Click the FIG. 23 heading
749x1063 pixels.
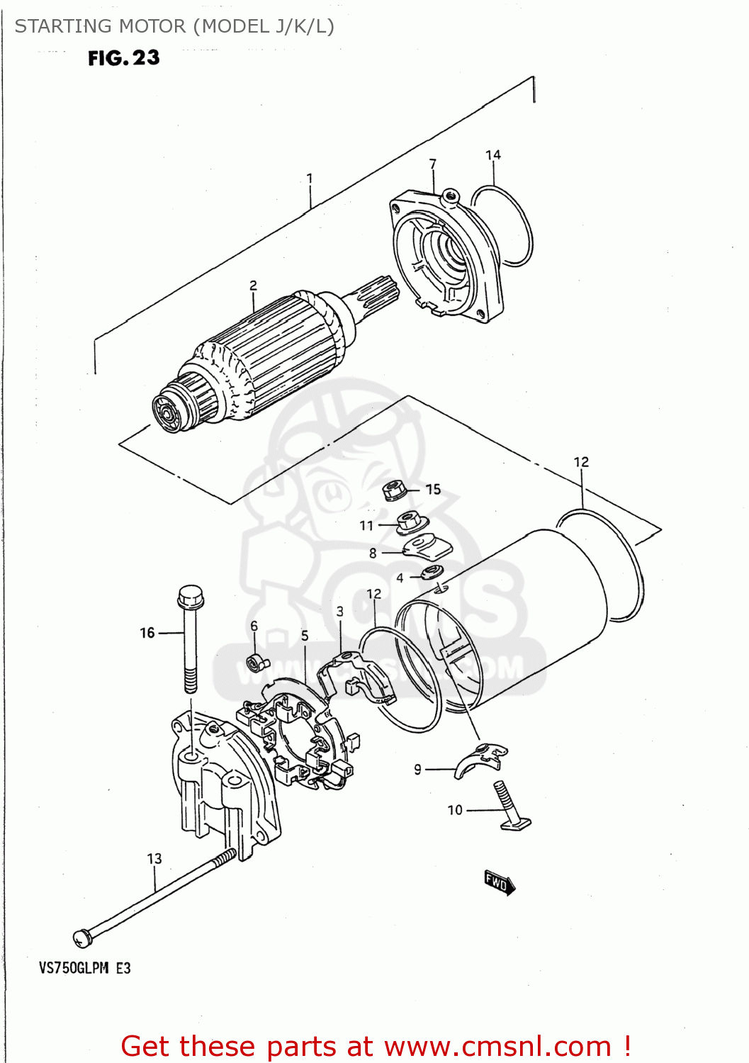(x=124, y=58)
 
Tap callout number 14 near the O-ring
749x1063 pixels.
(x=493, y=154)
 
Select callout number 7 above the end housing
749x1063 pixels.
(x=433, y=164)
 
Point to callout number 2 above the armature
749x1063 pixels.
(x=253, y=286)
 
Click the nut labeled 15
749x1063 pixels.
(x=393, y=490)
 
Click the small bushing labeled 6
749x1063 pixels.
(x=255, y=664)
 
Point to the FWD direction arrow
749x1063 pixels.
(x=500, y=883)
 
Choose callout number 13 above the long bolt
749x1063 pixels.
(x=154, y=858)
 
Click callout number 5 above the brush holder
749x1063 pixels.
(x=305, y=636)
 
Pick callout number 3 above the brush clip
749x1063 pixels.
(x=340, y=611)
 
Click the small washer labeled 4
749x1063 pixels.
(x=432, y=573)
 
